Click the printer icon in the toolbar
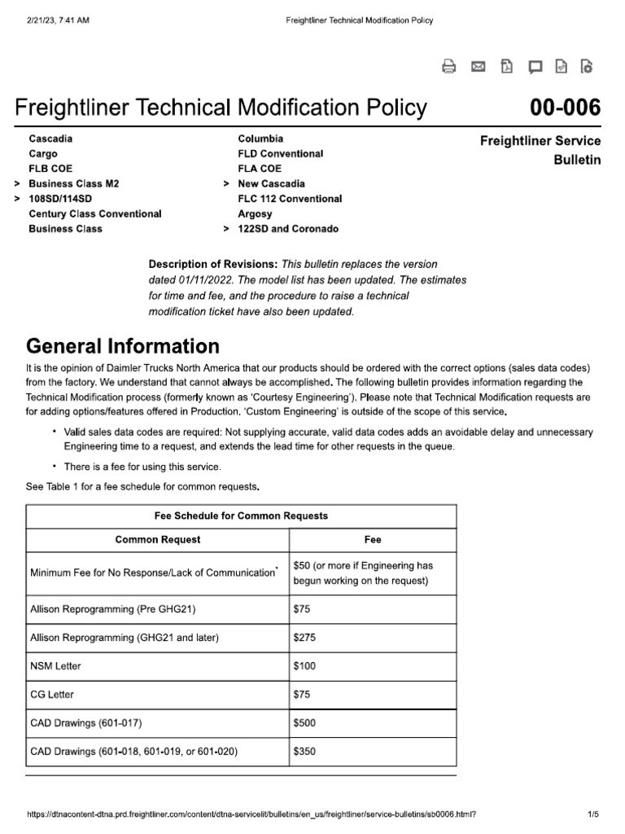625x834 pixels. tap(448, 68)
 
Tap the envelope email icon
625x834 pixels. tap(479, 68)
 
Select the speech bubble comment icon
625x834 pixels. tap(535, 68)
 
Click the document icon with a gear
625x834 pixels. tap(587, 68)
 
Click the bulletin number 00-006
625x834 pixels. tap(565, 108)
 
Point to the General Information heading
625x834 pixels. tap(122, 345)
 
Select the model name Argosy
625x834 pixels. tap(255, 213)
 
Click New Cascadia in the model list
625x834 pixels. tap(271, 184)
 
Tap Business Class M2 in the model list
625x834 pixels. tap(73, 184)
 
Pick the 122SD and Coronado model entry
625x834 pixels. tap(288, 229)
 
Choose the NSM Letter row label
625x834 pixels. tap(55, 665)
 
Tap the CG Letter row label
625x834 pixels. tap(51, 694)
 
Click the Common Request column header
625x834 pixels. tap(158, 539)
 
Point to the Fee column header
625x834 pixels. tap(373, 539)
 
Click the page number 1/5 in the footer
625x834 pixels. tap(592, 814)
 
